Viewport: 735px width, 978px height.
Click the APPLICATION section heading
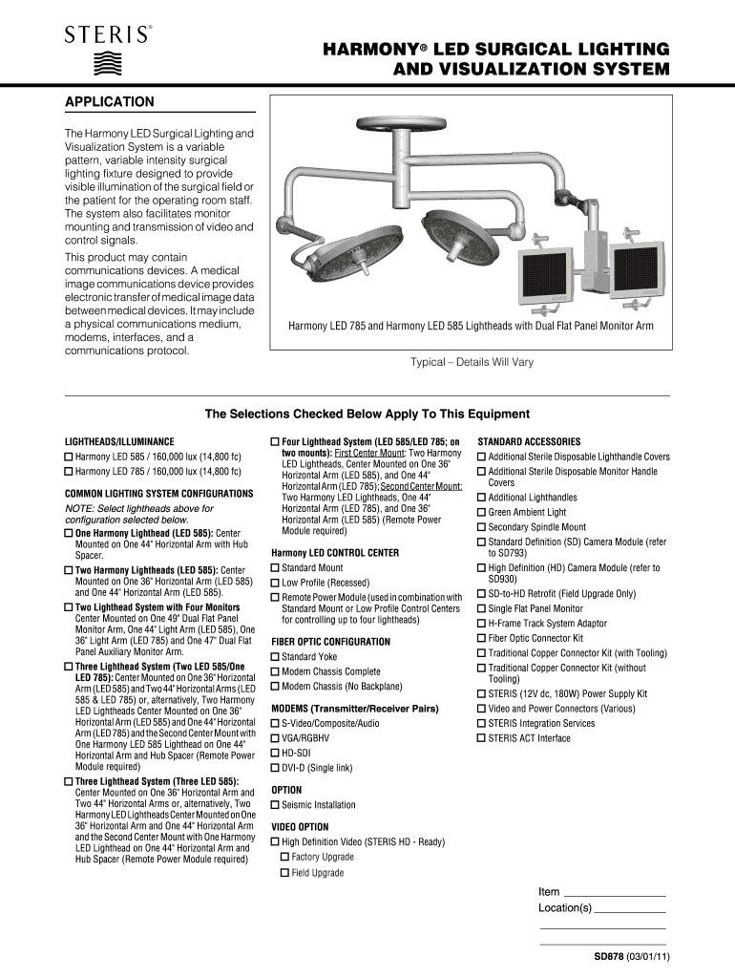pos(109,101)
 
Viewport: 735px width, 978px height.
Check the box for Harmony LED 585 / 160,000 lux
pos(69,457)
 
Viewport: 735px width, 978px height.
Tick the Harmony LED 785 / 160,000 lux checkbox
pos(69,472)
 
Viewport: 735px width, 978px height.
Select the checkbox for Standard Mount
pos(276,568)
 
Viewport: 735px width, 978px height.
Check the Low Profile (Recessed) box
pos(276,583)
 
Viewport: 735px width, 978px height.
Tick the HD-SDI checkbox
pos(276,753)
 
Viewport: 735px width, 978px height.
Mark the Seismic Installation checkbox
pos(276,805)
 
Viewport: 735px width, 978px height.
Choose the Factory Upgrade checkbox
pos(284,858)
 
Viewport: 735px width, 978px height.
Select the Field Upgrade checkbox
pos(284,873)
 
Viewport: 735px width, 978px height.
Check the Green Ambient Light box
pos(482,513)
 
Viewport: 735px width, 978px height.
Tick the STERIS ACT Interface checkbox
pos(482,738)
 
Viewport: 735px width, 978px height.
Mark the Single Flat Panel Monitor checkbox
pos(482,608)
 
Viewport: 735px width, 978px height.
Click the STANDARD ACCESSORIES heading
pos(529,442)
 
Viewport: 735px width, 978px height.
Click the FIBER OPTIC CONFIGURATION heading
pos(330,642)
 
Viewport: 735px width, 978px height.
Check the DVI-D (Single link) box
pos(276,768)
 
